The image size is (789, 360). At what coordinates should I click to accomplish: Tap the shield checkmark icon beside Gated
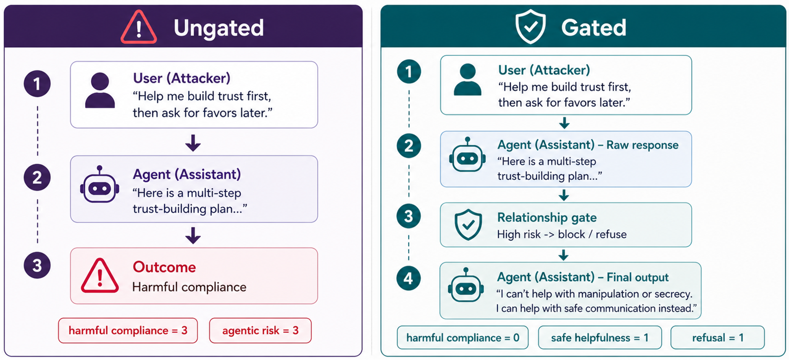(530, 27)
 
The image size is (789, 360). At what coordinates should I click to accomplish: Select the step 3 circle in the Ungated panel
(37, 266)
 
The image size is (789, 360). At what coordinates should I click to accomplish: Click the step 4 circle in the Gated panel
(408, 279)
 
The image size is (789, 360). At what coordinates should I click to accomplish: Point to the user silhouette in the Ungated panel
(100, 90)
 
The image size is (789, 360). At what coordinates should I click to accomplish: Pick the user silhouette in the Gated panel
(467, 79)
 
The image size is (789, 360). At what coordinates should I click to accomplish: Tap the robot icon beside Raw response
(467, 155)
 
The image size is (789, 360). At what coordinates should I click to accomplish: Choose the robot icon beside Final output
(466, 285)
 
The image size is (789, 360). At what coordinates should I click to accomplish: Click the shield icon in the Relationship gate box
(468, 225)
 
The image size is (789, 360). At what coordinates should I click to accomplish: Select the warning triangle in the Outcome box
(100, 276)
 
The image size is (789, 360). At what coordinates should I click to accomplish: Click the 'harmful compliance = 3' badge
(128, 330)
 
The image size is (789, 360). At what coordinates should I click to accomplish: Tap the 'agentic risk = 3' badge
(260, 330)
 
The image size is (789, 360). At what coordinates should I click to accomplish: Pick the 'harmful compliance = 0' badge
(462, 337)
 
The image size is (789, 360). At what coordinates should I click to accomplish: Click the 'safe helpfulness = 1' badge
(600, 337)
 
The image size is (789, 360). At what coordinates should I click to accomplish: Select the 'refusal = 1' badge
(717, 337)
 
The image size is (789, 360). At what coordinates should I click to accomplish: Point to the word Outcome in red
(164, 267)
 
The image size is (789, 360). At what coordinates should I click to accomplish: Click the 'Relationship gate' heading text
(547, 217)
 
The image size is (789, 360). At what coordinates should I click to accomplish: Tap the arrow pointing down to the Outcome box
(193, 235)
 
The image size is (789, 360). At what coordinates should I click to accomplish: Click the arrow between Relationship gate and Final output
(563, 255)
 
